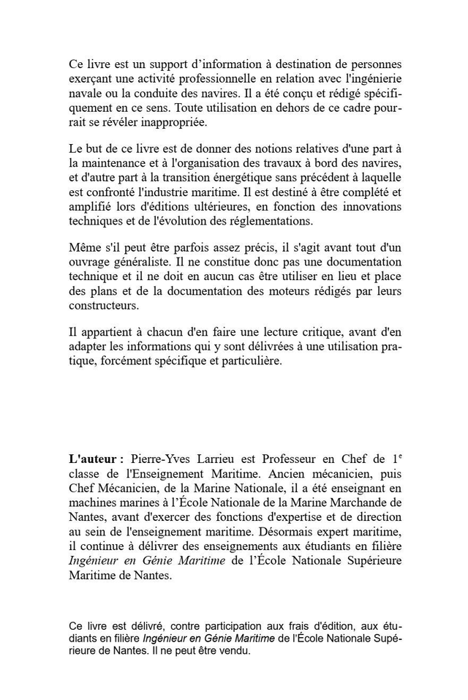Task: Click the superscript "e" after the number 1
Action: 399,456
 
